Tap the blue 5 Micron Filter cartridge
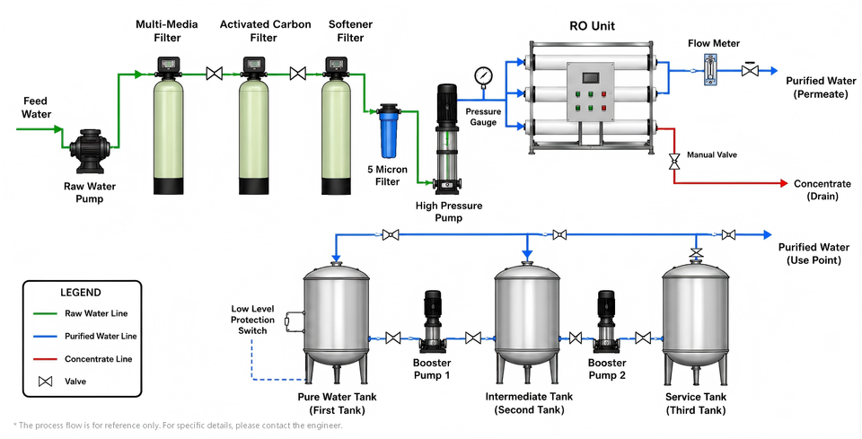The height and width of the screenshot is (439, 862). [388, 132]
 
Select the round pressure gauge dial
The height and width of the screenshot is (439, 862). [484, 75]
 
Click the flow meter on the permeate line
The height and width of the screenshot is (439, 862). [711, 69]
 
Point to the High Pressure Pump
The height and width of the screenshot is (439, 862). [446, 139]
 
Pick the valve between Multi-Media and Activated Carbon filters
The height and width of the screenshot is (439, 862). [215, 73]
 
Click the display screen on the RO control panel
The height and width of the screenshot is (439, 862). [590, 77]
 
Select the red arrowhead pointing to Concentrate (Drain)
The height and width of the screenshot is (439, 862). [785, 183]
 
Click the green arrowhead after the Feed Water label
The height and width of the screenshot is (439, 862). [58, 129]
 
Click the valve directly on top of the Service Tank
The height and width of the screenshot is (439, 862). [696, 253]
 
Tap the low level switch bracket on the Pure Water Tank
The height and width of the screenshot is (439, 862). [295, 322]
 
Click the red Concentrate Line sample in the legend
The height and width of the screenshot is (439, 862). [45, 359]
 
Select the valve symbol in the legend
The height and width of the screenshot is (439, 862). [45, 382]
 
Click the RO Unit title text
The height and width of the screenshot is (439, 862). [592, 26]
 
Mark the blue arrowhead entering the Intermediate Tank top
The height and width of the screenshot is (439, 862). [527, 255]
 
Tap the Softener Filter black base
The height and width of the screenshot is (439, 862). [336, 186]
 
